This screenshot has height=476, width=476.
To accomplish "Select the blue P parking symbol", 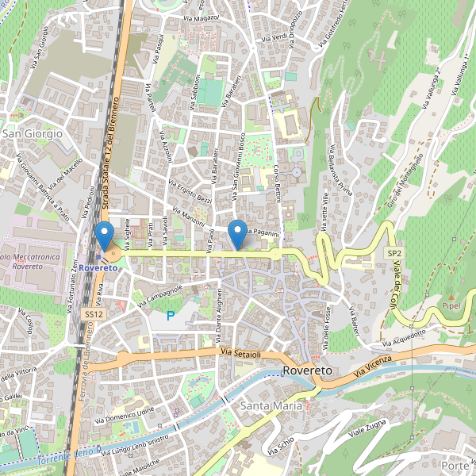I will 170,316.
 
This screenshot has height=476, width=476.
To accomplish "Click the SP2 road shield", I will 394,252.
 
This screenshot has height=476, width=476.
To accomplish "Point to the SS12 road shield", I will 94,314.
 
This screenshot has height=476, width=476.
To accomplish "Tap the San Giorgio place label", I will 33,134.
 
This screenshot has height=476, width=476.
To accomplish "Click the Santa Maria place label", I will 271,405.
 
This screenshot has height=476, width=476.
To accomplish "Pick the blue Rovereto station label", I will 98,267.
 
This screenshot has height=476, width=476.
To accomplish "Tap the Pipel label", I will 452,305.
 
